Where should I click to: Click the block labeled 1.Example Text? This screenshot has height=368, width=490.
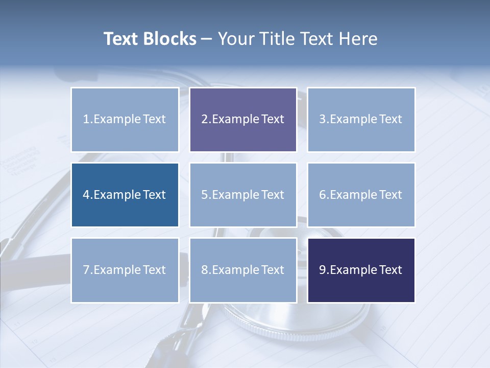[125, 120]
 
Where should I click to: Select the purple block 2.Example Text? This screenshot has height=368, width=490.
[243, 120]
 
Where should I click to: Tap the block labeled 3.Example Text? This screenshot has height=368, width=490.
[361, 120]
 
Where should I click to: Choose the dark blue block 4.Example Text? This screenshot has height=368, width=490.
[125, 195]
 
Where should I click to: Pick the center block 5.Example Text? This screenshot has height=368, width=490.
[243, 195]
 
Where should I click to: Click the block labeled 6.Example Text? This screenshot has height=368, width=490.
[361, 195]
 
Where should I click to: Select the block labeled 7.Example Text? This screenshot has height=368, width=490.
[125, 270]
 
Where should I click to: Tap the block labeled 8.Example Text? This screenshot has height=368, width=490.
[243, 270]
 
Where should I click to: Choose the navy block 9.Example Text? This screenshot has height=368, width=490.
[361, 270]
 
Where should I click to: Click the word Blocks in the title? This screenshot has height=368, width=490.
[171, 39]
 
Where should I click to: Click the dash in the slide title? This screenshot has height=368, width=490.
[207, 39]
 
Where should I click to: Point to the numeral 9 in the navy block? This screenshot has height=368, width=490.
[323, 270]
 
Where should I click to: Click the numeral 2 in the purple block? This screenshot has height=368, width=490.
[205, 120]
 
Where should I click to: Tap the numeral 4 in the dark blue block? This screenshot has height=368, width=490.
[86, 195]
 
